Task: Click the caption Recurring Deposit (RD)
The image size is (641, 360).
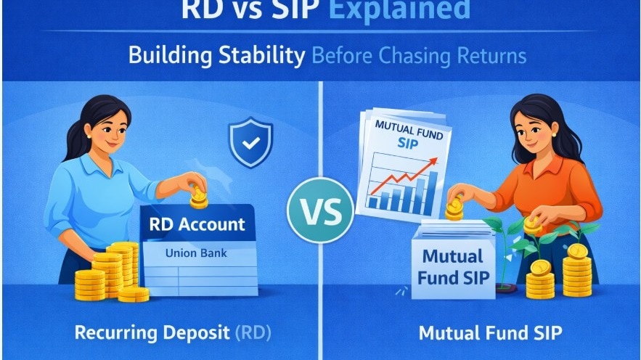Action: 172,334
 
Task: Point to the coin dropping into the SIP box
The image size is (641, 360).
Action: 455,208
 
